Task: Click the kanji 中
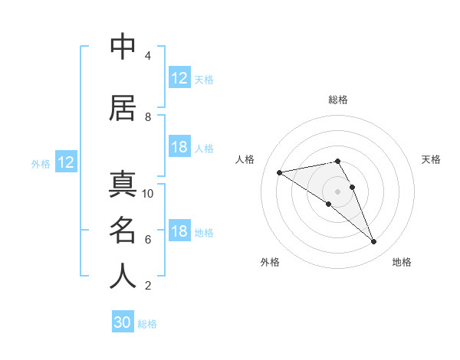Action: (x=123, y=47)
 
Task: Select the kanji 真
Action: (x=123, y=185)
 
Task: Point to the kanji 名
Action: (x=123, y=231)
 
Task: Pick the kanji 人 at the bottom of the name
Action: (x=123, y=277)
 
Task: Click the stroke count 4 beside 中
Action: (x=147, y=56)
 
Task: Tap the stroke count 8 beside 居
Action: (x=147, y=117)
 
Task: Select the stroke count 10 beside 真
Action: (x=148, y=194)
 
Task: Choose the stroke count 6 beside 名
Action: (x=147, y=240)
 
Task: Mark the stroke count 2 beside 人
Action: (x=147, y=286)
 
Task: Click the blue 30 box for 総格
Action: (x=123, y=323)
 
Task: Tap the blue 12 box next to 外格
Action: (x=65, y=162)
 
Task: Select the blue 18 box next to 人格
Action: (x=179, y=148)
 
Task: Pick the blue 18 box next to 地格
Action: (x=179, y=232)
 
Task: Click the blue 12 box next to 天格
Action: (x=179, y=78)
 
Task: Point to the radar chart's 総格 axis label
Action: (x=338, y=100)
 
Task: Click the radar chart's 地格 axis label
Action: (x=402, y=262)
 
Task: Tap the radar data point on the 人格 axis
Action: (x=280, y=172)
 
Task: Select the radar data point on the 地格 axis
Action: (x=373, y=242)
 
